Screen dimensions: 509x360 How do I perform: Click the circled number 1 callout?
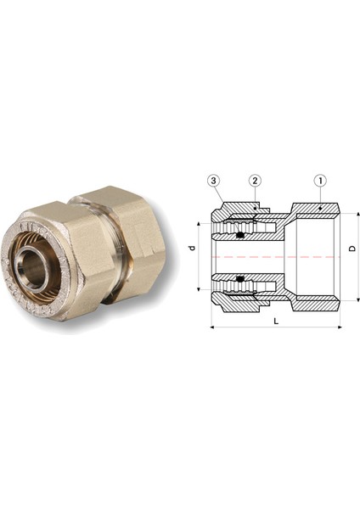320,182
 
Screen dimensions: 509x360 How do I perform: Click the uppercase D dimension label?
352,250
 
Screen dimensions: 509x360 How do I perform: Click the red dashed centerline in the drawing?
280,256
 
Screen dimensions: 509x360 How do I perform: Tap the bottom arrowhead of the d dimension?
198,289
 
